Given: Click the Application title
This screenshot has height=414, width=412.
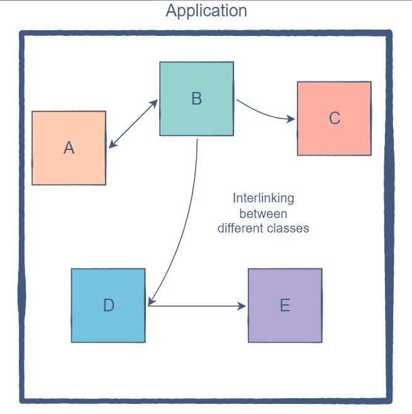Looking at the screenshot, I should tap(206, 11).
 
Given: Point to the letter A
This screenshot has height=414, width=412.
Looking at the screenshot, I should tap(69, 148).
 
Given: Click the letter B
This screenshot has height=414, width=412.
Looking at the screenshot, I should tap(196, 98).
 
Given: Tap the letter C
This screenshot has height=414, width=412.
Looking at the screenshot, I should tap(334, 118).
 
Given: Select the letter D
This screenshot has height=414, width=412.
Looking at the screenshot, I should tap(108, 306).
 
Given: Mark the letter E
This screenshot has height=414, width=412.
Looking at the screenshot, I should tap(285, 306).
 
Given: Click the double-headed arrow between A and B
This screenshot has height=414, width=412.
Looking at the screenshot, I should tap(133, 124).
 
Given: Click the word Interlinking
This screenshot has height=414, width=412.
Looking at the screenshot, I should tap(263, 198).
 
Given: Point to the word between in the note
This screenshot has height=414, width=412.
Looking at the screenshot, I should tap(263, 214).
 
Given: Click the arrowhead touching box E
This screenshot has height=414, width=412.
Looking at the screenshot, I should tap(243, 306).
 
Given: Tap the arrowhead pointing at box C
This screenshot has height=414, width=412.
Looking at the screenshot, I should tap(291, 118).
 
